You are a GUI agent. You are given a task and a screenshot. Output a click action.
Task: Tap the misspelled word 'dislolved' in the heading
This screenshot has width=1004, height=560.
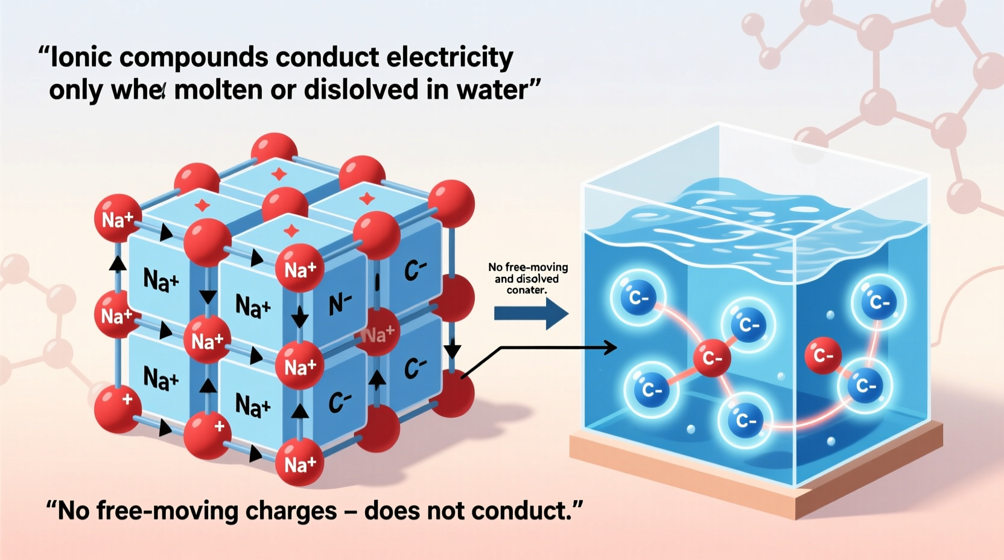click(x=361, y=90)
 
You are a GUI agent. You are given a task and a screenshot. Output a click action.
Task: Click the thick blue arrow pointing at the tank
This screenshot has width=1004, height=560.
click(x=530, y=313)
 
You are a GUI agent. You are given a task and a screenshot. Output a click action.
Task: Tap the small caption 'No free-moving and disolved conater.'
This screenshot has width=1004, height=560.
click(x=527, y=278)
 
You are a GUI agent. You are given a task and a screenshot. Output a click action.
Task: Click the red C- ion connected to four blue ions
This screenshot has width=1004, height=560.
click(x=712, y=358)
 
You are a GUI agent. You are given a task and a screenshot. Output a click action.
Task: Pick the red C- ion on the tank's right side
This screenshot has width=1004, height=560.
click(x=823, y=355)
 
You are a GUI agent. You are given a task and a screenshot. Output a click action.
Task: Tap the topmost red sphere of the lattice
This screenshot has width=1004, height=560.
click(x=275, y=151)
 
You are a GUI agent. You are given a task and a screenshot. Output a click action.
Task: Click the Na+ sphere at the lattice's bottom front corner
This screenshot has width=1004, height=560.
click(x=299, y=463)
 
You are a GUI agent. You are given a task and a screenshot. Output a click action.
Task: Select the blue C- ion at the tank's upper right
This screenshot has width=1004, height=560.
click(x=878, y=302)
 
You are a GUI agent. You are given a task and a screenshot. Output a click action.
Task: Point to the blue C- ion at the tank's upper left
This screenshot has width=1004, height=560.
click(x=638, y=297)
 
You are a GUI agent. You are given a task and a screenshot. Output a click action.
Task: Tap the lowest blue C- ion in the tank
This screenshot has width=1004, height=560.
click(x=746, y=420)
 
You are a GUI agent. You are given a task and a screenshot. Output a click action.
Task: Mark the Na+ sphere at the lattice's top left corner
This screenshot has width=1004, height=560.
click(x=117, y=218)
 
